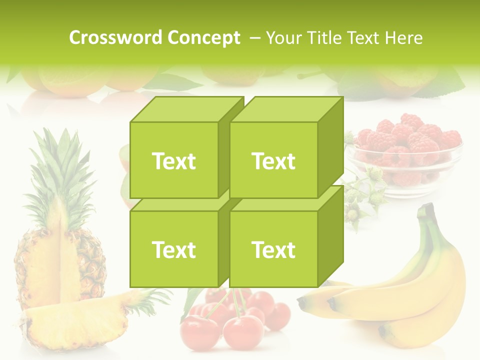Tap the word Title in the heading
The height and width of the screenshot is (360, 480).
tap(325, 37)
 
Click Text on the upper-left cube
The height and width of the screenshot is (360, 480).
tap(173, 161)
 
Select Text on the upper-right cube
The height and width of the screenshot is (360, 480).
tap(273, 161)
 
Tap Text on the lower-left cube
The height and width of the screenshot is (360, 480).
tap(173, 249)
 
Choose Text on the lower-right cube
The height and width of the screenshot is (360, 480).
tap(273, 249)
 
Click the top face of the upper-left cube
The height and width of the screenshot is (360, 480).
tap(186, 109)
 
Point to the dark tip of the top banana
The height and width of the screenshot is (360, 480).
tap(301, 302)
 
